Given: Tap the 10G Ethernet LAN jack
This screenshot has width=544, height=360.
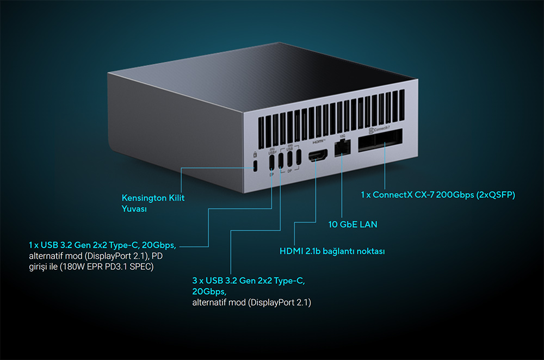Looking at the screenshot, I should click(x=342, y=147).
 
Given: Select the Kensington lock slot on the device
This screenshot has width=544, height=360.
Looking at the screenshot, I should click(x=255, y=166).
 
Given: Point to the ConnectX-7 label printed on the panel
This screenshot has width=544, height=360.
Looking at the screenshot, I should click(x=379, y=129).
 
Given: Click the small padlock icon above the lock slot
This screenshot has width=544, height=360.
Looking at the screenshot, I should click(x=255, y=155).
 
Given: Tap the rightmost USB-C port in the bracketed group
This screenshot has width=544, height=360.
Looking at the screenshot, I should click(x=299, y=158).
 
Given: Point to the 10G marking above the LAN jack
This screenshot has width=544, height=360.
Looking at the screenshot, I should click(x=341, y=135).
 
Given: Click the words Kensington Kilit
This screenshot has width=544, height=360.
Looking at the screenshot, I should click(x=153, y=198).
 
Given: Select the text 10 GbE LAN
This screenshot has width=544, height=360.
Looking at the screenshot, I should click(x=353, y=224).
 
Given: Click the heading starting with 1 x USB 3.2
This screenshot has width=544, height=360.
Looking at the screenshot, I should click(x=103, y=244).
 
